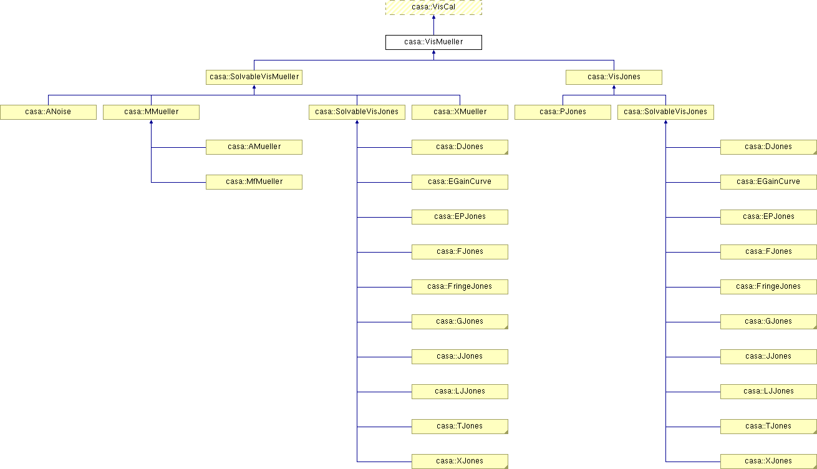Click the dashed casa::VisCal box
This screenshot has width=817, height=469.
tap(433, 7)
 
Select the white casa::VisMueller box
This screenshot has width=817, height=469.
tap(433, 42)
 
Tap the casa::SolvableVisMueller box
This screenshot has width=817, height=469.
tap(254, 77)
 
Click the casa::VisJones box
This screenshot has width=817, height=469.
tap(614, 77)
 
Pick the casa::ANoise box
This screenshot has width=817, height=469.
tap(48, 112)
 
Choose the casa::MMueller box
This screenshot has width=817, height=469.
tap(152, 112)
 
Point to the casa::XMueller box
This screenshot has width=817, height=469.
tap(460, 112)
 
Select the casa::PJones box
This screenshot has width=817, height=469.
tap(563, 112)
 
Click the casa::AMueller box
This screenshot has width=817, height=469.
tap(254, 147)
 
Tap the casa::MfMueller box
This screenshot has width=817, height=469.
tap(254, 182)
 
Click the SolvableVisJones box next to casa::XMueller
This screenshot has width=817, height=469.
tap(357, 112)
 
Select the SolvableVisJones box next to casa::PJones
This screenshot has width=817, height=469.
tap(665, 112)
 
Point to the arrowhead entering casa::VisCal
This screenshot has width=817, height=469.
tap(433, 17)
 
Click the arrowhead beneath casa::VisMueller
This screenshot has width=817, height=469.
tap(433, 52)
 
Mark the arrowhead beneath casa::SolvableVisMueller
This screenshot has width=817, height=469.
tap(254, 87)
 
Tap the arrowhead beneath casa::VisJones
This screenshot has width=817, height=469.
tap(614, 87)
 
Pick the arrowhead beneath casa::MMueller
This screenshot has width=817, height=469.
tap(152, 122)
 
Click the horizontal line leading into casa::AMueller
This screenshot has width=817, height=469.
tap(179, 147)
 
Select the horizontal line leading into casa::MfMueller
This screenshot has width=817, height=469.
tap(179, 182)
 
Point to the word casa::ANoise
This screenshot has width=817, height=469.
tap(48, 112)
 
